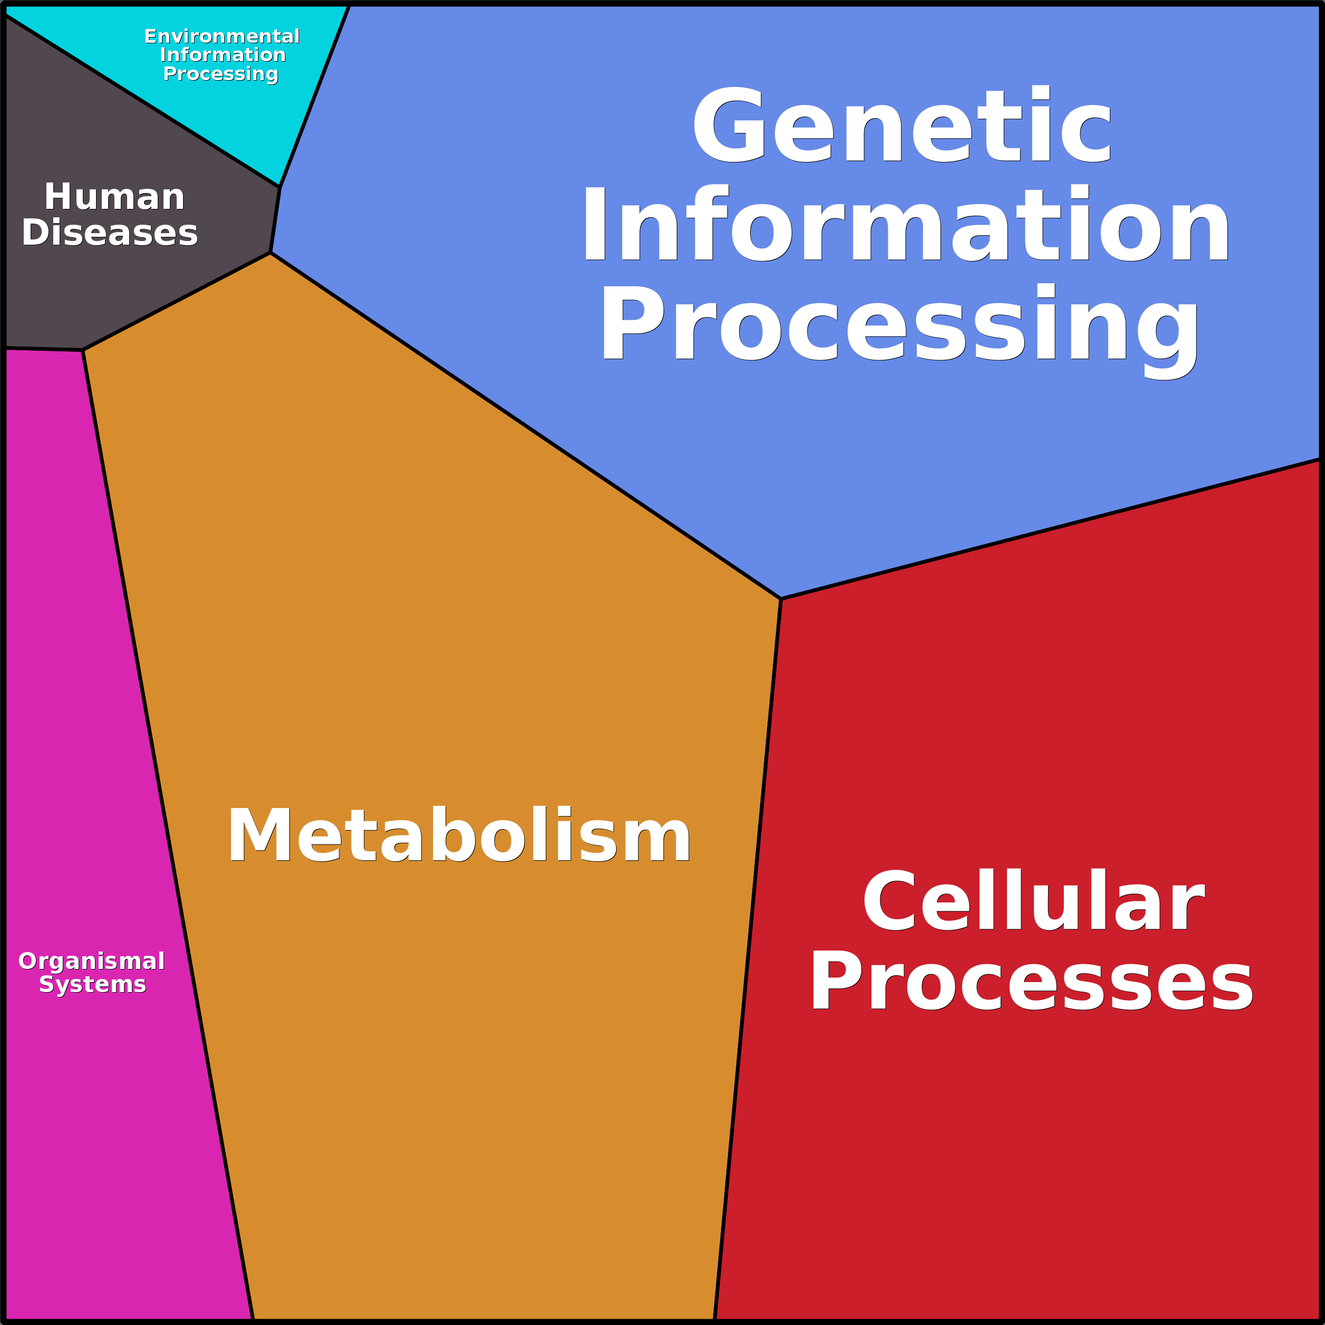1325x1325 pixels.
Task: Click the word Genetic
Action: tap(902, 125)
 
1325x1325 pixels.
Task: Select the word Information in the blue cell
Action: tap(905, 224)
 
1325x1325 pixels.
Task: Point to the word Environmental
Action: tap(222, 36)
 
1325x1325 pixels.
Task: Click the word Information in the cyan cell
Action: tap(222, 55)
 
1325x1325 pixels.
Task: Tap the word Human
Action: tap(114, 197)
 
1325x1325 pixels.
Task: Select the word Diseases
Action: tap(110, 233)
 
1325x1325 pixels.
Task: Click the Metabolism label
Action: tap(459, 836)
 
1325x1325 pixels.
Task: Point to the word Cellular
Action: tap(1033, 901)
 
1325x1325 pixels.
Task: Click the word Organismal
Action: tap(91, 961)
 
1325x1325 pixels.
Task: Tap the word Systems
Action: tap(93, 984)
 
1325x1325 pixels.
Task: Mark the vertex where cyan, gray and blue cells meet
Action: tap(280, 187)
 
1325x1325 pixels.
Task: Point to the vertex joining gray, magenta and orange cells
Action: tap(83, 350)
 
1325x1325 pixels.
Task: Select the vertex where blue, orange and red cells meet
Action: tap(781, 599)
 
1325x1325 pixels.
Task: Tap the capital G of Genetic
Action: tap(729, 125)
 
